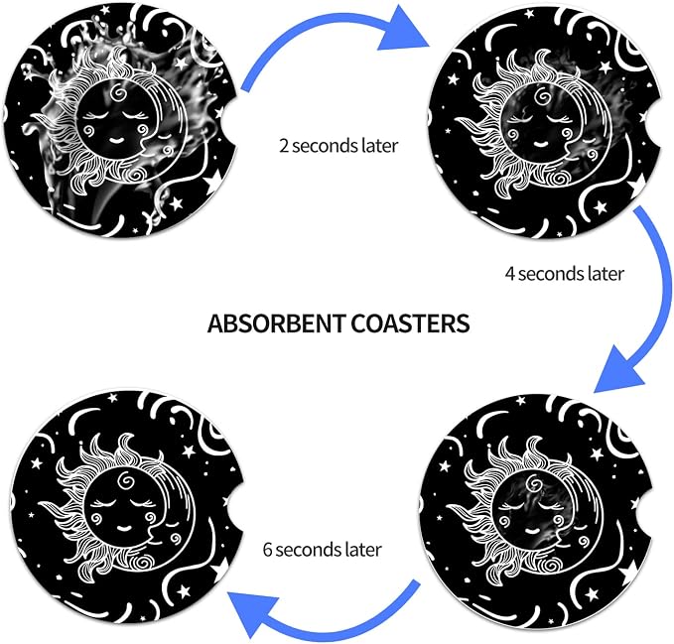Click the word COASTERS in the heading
tap(410, 323)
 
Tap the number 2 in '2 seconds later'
tap(284, 146)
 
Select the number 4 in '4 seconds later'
tap(510, 274)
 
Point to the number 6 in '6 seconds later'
tap(267, 550)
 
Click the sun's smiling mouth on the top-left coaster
tap(116, 140)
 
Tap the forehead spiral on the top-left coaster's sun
tap(118, 92)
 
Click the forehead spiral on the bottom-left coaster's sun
tap(126, 480)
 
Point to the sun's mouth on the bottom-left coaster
tap(125, 527)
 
